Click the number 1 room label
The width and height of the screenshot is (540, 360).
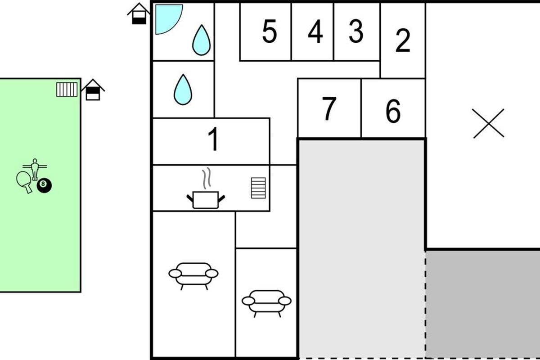click(x=214, y=139)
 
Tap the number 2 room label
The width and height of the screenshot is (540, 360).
click(x=403, y=40)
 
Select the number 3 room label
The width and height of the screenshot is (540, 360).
click(x=356, y=31)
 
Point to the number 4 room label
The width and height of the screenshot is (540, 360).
click(x=315, y=31)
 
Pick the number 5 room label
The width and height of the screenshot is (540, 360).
click(x=270, y=31)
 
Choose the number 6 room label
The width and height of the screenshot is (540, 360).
click(x=393, y=111)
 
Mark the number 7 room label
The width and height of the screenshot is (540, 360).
click(x=329, y=108)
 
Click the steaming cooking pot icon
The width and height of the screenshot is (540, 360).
click(x=206, y=188)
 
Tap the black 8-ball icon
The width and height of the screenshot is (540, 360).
click(x=44, y=185)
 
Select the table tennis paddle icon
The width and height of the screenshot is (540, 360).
click(x=24, y=181)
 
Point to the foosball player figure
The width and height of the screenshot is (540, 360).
click(x=35, y=169)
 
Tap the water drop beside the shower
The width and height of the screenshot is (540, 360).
click(x=201, y=40)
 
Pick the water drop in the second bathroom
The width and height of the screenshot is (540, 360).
click(x=183, y=90)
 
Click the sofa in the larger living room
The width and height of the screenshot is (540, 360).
click(x=193, y=276)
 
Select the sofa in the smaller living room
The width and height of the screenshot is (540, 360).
click(x=266, y=303)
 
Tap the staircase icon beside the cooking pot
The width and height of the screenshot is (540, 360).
click(x=258, y=188)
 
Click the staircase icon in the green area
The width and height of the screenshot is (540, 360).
click(x=67, y=90)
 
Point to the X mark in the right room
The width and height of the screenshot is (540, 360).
click(x=488, y=123)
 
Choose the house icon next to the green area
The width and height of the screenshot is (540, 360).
click(x=93, y=90)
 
